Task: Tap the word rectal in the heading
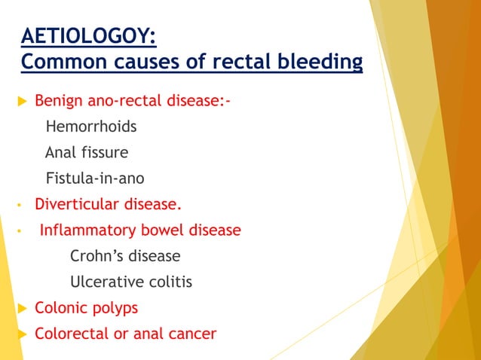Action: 234,60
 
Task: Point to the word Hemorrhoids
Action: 91,127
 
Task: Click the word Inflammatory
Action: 83,230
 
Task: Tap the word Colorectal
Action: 72,334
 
